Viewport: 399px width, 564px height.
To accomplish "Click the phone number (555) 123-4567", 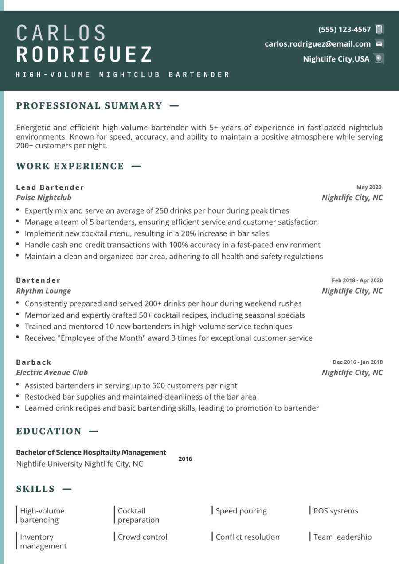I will [344, 30].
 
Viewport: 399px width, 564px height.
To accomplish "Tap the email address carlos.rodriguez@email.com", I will [317, 44].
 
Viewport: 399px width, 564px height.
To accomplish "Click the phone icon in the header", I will [379, 29].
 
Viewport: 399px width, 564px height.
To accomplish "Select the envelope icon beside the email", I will [379, 43].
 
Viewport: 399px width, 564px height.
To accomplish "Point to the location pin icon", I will [378, 58].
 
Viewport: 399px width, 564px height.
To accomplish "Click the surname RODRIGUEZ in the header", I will [84, 54].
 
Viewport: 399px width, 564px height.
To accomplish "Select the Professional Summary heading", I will [89, 105].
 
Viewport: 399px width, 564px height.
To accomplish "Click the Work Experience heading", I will [70, 166].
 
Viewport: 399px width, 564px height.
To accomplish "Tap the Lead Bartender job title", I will [50, 187].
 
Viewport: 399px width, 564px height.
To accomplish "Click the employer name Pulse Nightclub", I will [43, 198].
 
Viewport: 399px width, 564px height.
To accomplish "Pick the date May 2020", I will [369, 187].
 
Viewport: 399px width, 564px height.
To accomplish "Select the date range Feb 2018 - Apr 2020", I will [357, 280].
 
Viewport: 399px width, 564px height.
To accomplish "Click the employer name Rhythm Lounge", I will [43, 291].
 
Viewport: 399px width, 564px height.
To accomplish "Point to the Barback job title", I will [34, 362].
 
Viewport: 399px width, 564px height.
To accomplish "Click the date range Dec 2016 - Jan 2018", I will [357, 362].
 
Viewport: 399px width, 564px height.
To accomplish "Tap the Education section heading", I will [49, 431].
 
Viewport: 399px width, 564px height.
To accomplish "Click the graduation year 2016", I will [185, 459].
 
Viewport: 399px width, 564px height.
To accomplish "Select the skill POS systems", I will [336, 511].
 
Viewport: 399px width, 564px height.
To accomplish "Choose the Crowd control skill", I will [142, 537].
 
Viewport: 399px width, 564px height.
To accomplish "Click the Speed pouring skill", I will [241, 511].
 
